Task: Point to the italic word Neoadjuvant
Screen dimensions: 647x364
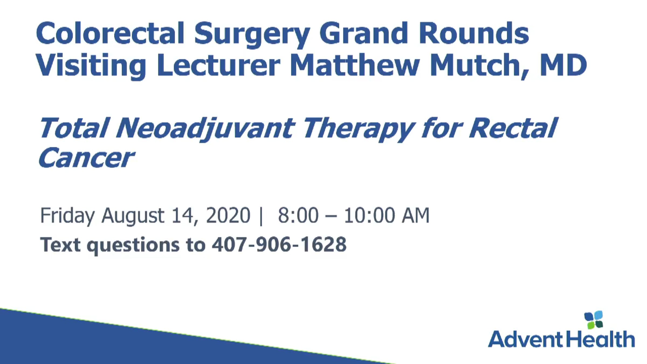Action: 205,128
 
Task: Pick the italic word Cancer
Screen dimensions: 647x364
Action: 86,157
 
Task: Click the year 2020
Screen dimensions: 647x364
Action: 228,215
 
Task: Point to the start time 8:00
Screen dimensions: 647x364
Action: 298,215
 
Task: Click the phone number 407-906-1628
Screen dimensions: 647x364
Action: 279,244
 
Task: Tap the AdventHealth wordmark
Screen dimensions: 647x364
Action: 561,339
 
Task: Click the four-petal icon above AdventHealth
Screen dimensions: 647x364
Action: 593,320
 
